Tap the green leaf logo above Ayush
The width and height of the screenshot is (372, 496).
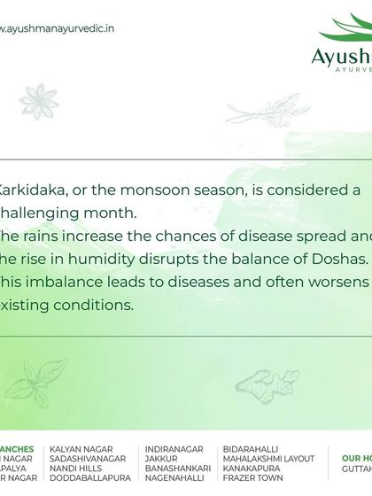347,31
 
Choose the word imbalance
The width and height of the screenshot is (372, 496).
72,282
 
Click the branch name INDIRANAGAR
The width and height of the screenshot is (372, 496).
174,449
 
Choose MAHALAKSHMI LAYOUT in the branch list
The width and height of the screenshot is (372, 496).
268,459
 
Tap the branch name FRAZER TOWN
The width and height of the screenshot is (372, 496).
253,478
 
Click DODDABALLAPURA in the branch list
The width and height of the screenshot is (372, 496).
90,478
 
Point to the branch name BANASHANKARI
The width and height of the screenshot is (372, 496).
177,469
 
